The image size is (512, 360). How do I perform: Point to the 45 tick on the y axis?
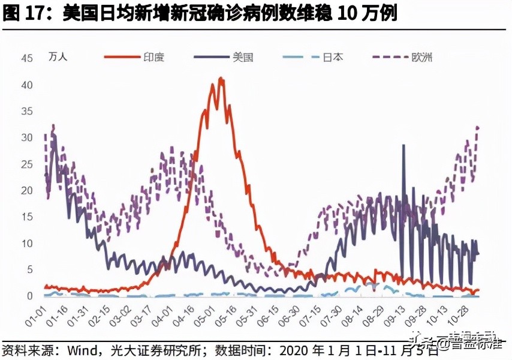pos(26,58)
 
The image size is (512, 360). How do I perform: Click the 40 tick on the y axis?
pos(26,85)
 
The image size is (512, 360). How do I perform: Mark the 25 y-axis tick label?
pos(26,164)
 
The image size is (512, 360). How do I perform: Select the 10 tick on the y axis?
pos(26,243)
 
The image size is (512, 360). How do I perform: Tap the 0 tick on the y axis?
pos(29,296)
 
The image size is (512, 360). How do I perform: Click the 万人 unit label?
pos(58,58)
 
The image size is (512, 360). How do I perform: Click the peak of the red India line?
pos(220,79)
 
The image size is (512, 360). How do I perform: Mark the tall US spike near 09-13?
pos(403,146)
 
